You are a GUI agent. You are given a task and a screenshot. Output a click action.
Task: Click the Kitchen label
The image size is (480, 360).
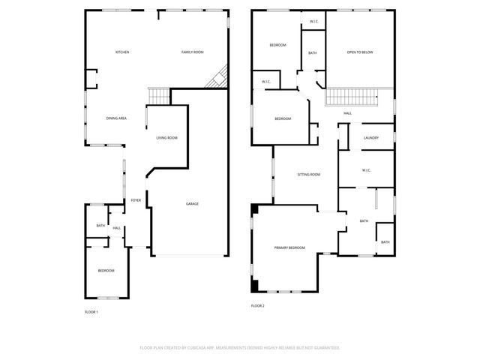tap(122, 52)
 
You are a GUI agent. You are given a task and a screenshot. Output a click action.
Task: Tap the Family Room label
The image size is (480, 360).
tap(193, 52)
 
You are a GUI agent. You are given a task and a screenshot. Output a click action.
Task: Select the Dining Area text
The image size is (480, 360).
tap(115, 118)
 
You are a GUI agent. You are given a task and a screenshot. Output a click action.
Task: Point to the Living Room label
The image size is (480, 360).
tap(166, 138)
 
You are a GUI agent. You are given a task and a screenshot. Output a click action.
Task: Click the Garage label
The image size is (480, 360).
tap(192, 204)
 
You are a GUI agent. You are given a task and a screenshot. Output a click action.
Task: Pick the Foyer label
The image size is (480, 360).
tap(136, 200)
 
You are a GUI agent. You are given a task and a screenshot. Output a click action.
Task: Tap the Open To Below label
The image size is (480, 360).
tap(360, 52)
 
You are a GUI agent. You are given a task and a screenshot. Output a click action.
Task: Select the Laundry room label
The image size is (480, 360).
tap(370, 138)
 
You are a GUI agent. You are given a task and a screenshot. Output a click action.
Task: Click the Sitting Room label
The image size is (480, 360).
tap(309, 174)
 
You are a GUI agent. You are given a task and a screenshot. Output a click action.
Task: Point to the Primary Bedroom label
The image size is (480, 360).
tap(289, 247)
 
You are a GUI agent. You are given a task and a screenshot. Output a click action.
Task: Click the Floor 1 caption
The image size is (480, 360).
tap(91, 311)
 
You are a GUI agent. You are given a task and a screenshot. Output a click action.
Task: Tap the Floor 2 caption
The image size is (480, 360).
tap(258, 306)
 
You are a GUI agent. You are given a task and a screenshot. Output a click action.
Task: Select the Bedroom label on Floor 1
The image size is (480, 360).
tap(106, 270)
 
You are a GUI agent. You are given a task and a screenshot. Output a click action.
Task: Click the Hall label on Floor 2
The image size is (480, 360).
tap(347, 113)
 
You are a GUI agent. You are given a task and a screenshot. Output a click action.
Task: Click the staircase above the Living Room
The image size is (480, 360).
tap(158, 96)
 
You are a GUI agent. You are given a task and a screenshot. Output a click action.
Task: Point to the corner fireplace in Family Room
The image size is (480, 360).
tap(218, 76)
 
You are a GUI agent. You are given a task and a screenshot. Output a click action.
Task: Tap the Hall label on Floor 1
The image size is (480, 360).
tap(117, 228)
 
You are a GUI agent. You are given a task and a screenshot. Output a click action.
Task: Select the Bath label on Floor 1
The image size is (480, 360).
tap(100, 226)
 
